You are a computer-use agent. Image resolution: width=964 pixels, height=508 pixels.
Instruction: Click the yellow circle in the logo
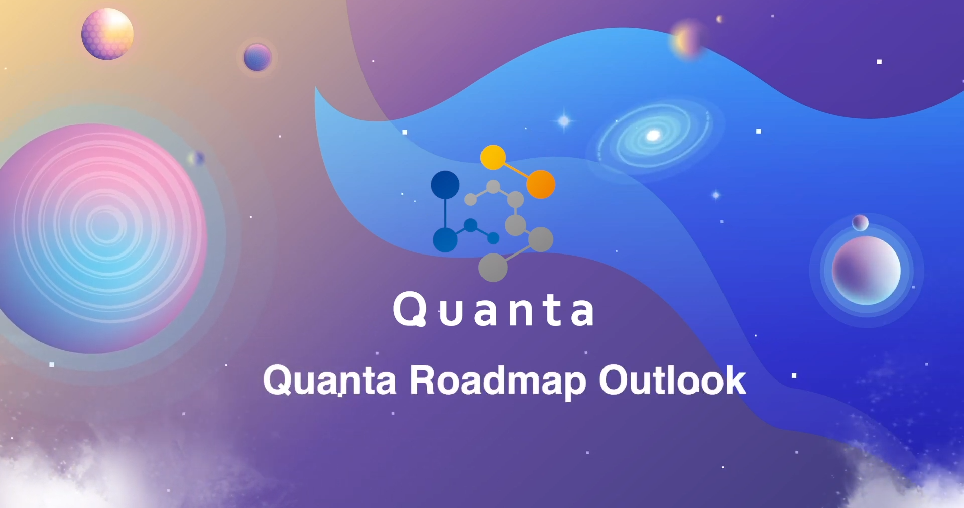pos(493,157)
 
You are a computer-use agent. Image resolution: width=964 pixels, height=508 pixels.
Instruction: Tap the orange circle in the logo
pos(541,184)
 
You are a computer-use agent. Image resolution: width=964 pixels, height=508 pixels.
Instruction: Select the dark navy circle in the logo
pos(445,184)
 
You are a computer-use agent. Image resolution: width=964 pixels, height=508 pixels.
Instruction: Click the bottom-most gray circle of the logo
pos(493,267)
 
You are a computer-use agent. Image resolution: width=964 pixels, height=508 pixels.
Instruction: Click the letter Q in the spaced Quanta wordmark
pos(410,309)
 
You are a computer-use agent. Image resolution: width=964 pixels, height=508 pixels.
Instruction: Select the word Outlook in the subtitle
pos(672,380)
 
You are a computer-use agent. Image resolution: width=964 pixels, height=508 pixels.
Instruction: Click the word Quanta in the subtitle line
pos(330,381)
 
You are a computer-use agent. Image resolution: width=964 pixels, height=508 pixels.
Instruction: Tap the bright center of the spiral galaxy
pos(653,135)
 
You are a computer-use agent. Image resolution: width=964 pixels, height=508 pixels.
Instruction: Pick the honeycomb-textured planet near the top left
pos(107,34)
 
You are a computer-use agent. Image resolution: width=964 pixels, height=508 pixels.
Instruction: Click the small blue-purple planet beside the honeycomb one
pos(257,57)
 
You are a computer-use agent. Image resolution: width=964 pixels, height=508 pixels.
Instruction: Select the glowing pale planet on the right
pos(866,270)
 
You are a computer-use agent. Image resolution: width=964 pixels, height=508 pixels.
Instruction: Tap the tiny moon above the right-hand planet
pos(860,222)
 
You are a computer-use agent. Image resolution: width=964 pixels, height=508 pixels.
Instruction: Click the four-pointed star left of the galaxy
pos(564,121)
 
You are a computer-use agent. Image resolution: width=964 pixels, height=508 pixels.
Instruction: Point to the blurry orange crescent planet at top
pos(686,40)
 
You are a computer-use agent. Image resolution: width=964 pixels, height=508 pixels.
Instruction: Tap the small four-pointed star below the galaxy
pos(716,195)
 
